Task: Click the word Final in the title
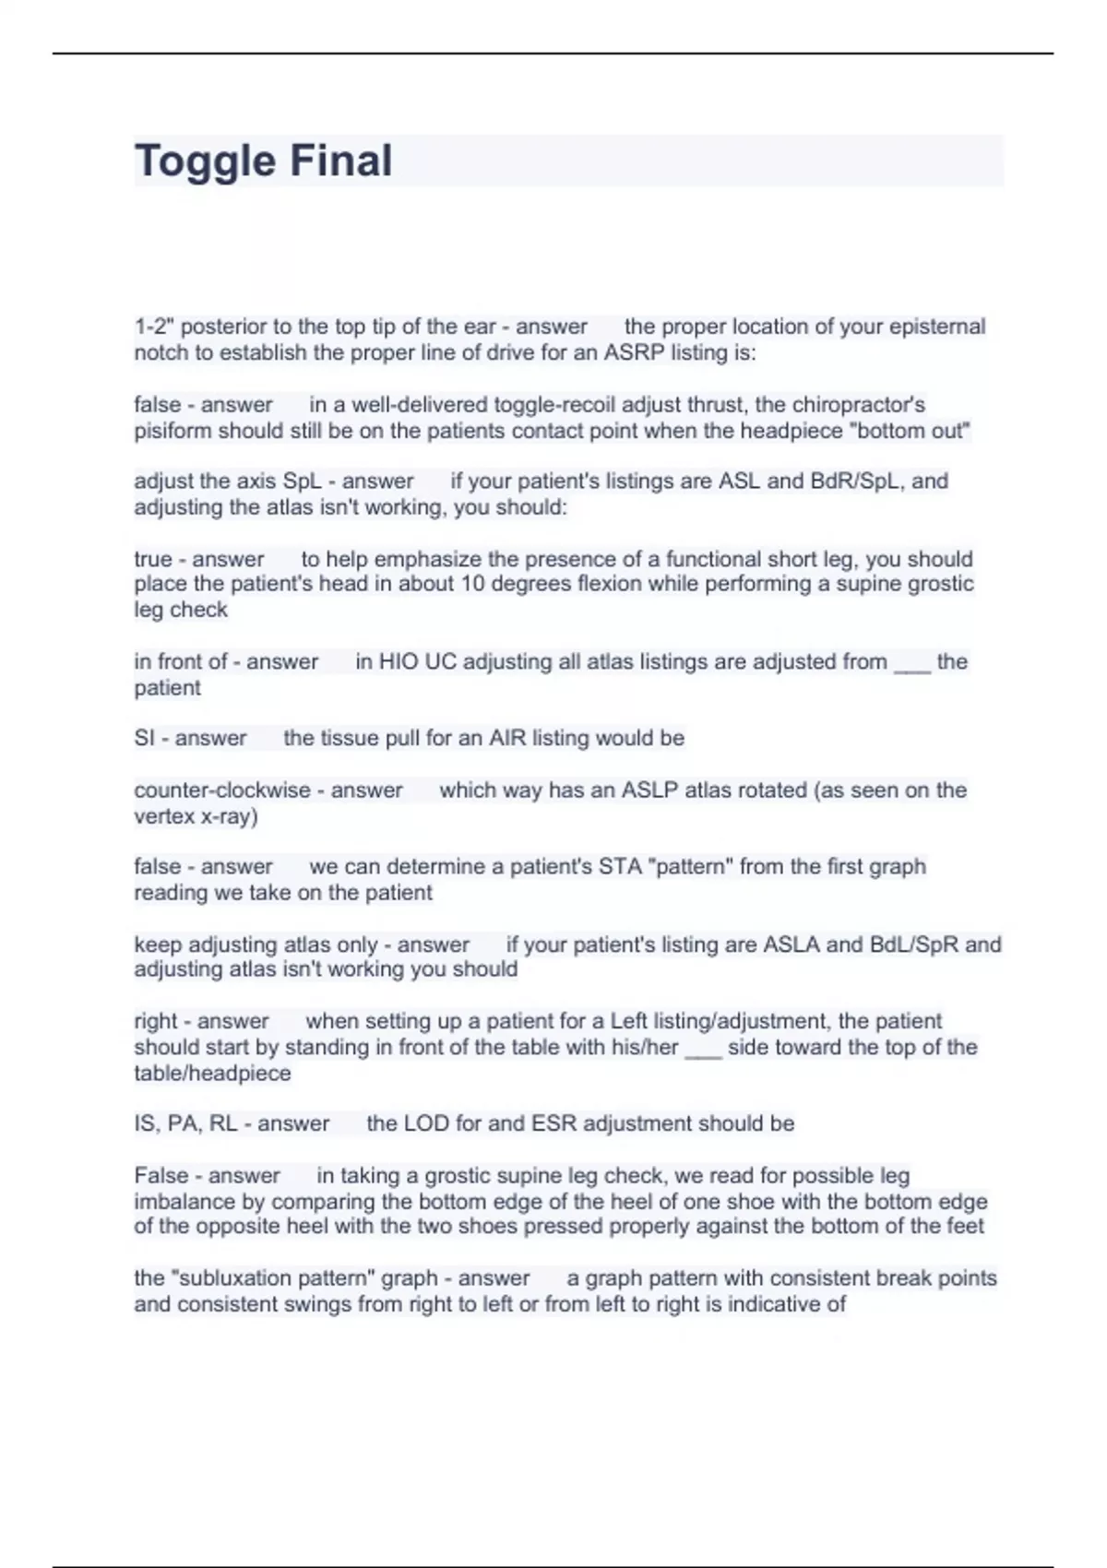(x=341, y=160)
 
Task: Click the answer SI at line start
(x=144, y=738)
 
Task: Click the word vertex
(x=164, y=816)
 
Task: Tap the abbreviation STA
(x=623, y=867)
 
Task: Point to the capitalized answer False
(x=161, y=1176)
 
